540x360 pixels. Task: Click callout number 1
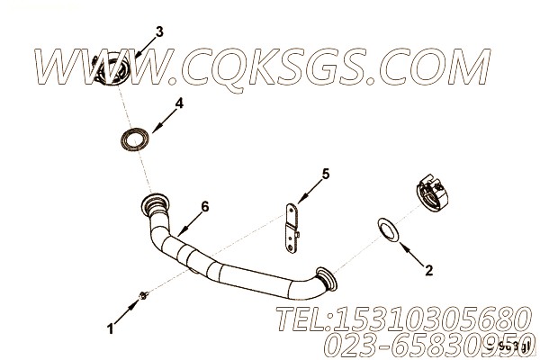[x=111, y=330]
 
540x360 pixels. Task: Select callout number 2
[x=429, y=269]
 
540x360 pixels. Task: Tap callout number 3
[x=159, y=32]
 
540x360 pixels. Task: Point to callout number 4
[x=179, y=103]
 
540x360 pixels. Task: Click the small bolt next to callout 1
[x=144, y=293]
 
